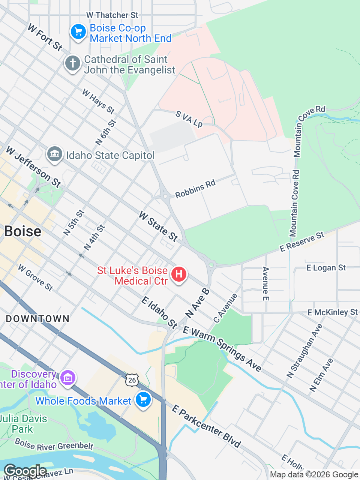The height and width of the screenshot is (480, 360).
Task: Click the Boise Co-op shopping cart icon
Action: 78,32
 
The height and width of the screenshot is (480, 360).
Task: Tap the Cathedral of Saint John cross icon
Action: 73,63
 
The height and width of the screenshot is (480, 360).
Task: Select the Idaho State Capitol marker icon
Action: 55,154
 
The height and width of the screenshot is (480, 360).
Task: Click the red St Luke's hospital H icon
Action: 179,274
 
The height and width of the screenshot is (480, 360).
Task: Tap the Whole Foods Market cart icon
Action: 143,400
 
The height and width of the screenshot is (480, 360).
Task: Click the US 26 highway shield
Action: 132,380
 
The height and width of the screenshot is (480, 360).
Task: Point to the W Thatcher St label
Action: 112,15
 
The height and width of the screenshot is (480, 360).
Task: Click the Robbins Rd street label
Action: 195,188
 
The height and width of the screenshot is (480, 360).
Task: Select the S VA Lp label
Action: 189,119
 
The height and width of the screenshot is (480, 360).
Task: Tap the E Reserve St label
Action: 302,241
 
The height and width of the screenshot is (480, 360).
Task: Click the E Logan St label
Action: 326,268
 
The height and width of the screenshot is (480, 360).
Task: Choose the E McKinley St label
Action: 333,312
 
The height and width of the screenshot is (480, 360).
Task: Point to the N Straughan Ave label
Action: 304,351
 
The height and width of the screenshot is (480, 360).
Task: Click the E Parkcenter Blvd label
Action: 206,426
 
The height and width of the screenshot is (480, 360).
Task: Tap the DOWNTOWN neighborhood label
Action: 37,319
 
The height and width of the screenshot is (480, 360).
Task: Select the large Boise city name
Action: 22,231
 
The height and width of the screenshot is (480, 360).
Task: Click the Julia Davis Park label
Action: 23,424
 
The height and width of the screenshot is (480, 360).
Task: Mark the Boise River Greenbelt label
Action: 54,445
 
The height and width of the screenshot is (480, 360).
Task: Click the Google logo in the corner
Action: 25,471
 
